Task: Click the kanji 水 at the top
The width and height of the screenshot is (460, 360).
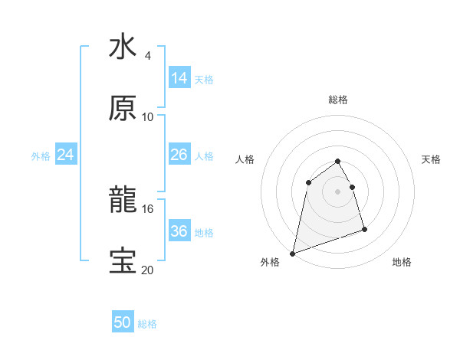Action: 123,47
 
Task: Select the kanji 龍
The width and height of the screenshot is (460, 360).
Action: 123,201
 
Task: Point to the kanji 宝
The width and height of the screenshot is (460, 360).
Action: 123,261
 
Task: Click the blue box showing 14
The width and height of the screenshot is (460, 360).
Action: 179,77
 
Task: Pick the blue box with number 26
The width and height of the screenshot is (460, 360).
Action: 179,155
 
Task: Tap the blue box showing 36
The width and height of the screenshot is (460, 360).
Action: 179,231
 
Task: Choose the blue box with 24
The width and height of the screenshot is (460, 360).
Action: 66,155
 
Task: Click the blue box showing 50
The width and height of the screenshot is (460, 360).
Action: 123,322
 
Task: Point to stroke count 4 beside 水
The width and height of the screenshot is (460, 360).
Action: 147,56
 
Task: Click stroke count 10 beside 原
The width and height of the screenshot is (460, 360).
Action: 148,116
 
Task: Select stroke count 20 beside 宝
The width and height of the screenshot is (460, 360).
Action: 148,270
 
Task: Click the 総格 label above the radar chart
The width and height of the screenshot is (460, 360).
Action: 338,100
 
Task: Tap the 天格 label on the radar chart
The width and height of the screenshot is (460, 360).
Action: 432,159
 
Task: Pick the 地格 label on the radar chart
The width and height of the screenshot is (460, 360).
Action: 402,262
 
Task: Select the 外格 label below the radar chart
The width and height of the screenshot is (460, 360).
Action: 270,262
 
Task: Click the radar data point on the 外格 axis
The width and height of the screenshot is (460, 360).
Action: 292,253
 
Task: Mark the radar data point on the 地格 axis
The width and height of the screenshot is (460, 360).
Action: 364,229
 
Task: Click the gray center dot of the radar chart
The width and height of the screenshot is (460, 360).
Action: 338,191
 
